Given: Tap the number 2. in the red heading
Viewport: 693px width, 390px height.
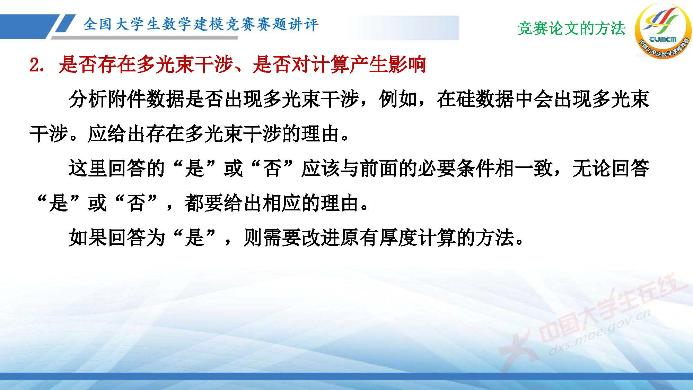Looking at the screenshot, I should coord(37,65).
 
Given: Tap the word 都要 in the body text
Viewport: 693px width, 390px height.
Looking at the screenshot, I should coord(204,203).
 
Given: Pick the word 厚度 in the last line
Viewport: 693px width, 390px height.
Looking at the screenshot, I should coord(398,238).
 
